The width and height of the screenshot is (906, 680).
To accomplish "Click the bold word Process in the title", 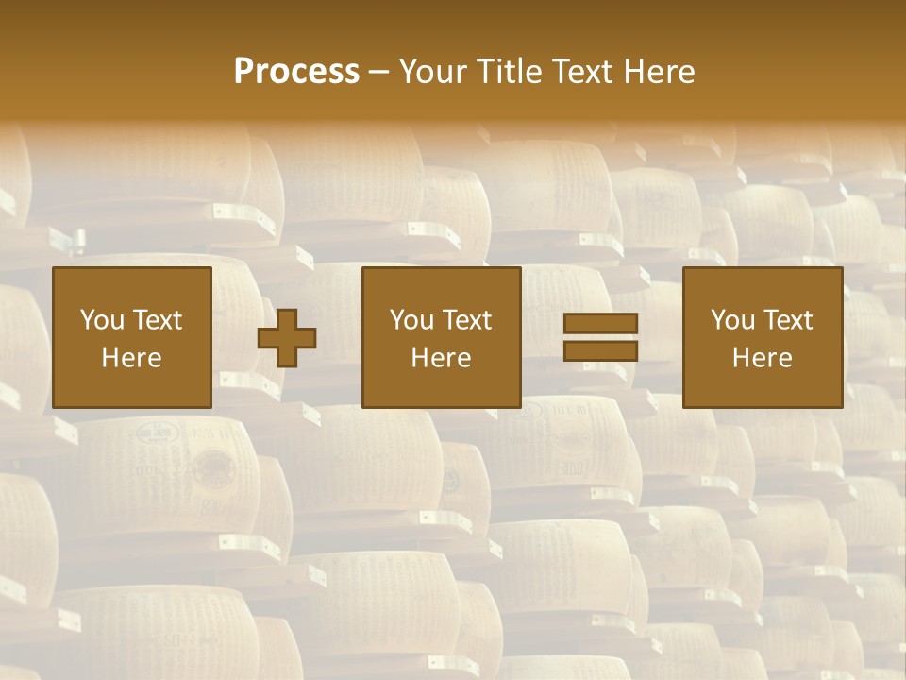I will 296,72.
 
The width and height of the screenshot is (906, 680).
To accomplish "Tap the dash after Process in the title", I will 377,73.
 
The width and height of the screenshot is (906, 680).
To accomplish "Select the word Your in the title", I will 429,72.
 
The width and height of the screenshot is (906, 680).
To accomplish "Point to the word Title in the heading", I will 506,72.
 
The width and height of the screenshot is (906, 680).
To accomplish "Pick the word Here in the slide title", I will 661,72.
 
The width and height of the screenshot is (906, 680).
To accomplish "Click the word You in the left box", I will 100,320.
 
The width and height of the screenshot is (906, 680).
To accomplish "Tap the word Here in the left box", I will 131,358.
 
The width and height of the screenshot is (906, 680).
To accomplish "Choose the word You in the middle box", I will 411,320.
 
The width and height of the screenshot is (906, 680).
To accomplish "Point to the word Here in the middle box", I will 441,358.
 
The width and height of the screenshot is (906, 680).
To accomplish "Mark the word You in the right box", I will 731,320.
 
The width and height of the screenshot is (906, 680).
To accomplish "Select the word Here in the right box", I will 762,358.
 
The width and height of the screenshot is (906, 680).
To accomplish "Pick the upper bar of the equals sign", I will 600,324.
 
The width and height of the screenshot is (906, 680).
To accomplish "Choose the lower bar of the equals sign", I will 600,351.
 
